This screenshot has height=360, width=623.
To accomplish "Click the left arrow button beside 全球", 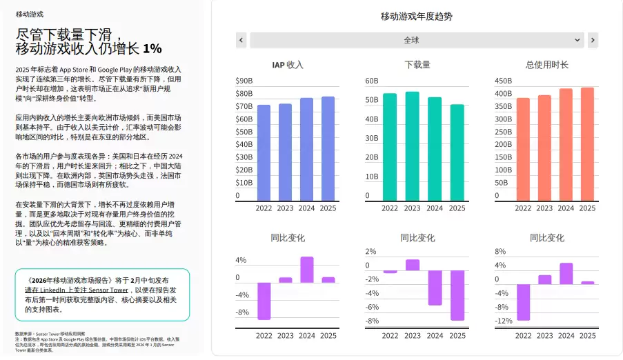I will tap(241, 40).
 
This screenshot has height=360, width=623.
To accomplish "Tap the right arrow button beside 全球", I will tap(593, 40).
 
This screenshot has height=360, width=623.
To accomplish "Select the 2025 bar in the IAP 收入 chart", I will tap(328, 148).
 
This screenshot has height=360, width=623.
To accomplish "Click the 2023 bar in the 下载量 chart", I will tap(412, 146).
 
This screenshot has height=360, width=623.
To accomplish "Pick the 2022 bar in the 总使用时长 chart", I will tap(522, 149).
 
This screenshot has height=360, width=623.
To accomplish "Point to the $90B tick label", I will tap(244, 81).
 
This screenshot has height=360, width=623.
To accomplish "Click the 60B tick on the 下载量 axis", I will tap(372, 81).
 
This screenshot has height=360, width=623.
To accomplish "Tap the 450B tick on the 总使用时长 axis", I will tap(503, 81).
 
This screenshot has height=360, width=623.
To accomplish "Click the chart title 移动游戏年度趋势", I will tap(417, 17).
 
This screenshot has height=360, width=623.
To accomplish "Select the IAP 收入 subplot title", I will tap(288, 65).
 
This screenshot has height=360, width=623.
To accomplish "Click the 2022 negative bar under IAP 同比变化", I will tap(264, 301).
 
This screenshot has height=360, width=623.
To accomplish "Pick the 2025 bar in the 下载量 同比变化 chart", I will tap(457, 295).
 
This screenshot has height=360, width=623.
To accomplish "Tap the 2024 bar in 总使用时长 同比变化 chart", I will tap(566, 273).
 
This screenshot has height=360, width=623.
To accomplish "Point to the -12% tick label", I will tap(504, 321).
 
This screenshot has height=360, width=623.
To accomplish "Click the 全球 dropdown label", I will tap(411, 40).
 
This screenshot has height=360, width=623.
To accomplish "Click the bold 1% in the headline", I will tap(152, 48).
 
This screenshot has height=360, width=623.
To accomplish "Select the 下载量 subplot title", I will tap(417, 65).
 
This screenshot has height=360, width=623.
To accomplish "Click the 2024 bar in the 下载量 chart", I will tap(435, 149).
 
